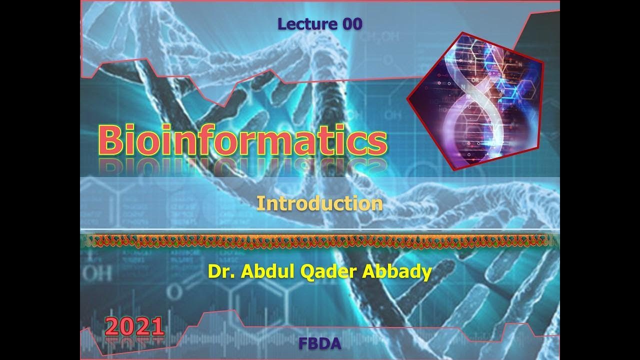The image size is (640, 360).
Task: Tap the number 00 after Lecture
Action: point(352,23)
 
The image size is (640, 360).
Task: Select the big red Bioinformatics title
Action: point(242,140)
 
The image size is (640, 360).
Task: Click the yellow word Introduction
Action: point(319,203)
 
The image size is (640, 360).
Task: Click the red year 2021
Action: point(134,327)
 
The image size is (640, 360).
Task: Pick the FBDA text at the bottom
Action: point(319,343)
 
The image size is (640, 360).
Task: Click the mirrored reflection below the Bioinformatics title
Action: point(242,167)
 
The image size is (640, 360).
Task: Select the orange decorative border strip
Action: point(319,241)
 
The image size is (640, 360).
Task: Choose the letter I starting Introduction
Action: point(260,203)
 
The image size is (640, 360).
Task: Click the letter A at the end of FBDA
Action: point(335,343)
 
